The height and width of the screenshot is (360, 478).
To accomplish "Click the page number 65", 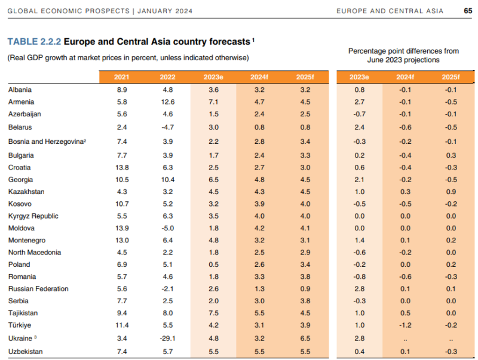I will [x=467, y=10].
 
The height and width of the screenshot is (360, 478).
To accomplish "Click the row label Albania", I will [x=20, y=90].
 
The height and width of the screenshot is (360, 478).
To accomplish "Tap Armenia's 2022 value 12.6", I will [x=167, y=102].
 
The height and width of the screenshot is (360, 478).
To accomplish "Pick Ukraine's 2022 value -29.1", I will [x=167, y=339].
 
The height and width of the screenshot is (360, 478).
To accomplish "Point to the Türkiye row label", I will [x=19, y=325].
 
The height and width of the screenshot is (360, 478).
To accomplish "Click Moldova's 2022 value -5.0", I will [x=167, y=228].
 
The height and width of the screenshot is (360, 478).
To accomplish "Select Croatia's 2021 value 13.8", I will [x=122, y=168].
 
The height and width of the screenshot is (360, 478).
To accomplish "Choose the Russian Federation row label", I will [x=38, y=289].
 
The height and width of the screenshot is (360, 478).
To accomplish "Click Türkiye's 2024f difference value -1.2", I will [x=405, y=325].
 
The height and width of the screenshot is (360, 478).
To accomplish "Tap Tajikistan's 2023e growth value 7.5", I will [x=213, y=313].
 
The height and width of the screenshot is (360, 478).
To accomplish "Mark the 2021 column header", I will [x=122, y=77].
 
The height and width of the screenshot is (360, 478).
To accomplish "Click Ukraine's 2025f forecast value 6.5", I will [x=305, y=339].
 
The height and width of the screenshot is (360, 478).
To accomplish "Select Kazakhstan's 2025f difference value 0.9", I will [x=451, y=192].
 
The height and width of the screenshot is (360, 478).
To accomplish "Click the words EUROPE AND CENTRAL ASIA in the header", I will [x=390, y=10].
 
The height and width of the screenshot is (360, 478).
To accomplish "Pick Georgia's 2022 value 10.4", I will [x=167, y=180].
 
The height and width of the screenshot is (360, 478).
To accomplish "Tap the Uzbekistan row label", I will [x=24, y=352].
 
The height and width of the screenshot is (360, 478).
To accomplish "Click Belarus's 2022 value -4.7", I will [x=167, y=127].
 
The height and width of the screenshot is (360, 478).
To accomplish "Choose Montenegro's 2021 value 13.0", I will [x=122, y=240].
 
